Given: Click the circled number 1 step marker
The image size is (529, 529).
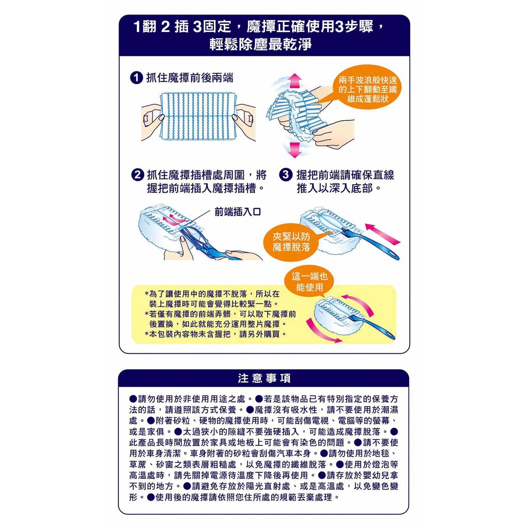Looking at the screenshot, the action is coord(136,78).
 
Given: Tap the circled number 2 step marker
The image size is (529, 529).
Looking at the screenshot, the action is coord(137,175).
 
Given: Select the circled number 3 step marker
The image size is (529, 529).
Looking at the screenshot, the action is coord(286,175).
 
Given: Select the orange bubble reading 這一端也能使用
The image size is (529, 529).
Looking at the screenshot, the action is coord(309,282).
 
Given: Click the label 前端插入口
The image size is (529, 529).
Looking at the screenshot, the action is coord(238,212).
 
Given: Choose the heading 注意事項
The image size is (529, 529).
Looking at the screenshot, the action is coord(264,378).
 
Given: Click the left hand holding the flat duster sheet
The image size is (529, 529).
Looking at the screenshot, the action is coord(152,122).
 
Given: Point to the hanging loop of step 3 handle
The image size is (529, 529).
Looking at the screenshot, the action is coord(392,254).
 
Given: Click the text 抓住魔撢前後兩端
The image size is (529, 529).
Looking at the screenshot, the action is coord(189,79).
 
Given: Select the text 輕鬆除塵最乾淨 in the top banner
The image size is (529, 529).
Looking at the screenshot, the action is coord(260,44).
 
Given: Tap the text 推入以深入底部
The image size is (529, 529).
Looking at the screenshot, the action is coord(339,188).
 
